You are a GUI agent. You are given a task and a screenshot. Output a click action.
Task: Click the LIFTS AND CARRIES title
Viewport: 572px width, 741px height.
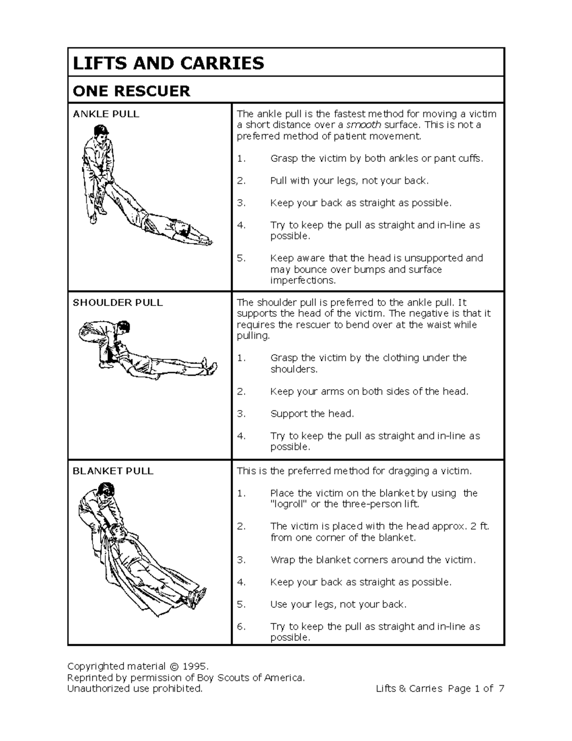pos(168,63)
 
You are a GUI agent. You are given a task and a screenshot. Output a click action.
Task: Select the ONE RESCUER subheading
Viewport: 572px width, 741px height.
pos(131,91)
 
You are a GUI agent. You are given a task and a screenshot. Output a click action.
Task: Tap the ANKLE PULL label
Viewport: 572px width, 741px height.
pos(106,114)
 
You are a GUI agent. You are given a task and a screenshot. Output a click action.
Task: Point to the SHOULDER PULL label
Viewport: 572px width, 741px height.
pos(117,303)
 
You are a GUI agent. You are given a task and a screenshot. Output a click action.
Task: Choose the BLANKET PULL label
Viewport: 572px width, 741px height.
pos(113,471)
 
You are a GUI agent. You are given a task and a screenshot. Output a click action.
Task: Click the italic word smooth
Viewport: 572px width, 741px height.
pos(364,125)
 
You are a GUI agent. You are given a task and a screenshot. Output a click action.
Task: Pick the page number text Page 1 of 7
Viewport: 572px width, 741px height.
pos(475,689)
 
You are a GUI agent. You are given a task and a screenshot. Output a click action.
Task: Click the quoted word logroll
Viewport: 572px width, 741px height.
pos(289,504)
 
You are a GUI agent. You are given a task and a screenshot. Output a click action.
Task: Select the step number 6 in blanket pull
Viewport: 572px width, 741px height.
pos(241,626)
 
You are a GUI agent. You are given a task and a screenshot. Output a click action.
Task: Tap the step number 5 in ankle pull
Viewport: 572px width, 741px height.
pos(241,258)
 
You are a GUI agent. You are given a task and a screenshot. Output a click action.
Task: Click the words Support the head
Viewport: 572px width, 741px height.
pos(312,414)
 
